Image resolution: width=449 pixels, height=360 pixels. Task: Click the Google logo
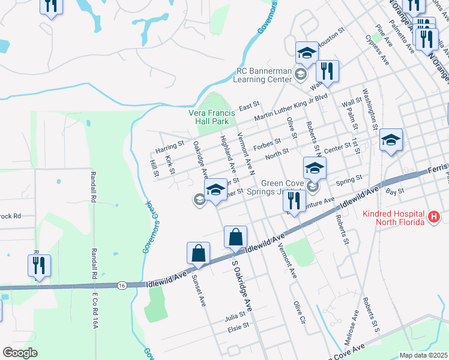point(20,352)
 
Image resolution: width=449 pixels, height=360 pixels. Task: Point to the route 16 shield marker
point(122,285)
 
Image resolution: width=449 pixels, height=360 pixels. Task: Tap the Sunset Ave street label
point(198,290)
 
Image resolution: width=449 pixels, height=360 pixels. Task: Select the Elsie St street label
point(238,329)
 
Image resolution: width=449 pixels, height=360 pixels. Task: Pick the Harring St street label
point(169,146)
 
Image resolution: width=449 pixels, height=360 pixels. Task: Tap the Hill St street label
point(154,168)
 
